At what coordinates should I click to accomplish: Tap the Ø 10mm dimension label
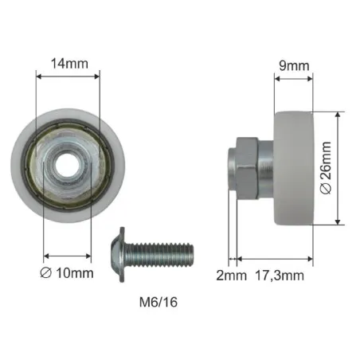click(68, 272)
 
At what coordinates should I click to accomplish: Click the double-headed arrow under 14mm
click(68, 74)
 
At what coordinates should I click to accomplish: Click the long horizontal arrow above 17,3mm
click(275, 259)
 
